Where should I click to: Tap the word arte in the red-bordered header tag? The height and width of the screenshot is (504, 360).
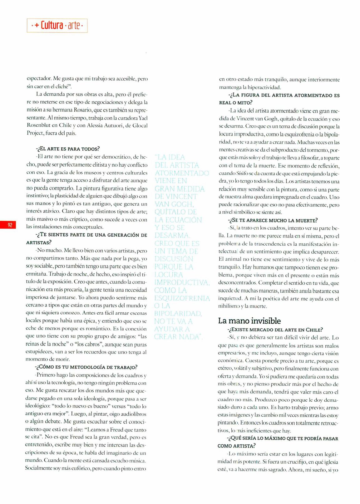click(x=74, y=26)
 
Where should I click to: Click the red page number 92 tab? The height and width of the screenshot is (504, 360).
click(x=10, y=225)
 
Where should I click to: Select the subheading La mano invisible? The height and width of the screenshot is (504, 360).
click(x=249, y=321)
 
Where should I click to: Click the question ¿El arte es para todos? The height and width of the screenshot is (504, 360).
click(x=68, y=149)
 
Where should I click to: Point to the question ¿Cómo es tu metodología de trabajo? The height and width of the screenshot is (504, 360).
click(x=86, y=367)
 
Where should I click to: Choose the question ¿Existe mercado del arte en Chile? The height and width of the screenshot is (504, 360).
click(x=275, y=330)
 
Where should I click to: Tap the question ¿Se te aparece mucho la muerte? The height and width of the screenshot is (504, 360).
click(x=273, y=220)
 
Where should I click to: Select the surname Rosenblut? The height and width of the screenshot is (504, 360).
click(x=39, y=126)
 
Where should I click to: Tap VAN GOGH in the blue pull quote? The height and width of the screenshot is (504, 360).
click(x=174, y=204)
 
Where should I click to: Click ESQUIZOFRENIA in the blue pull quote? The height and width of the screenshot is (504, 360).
click(x=182, y=298)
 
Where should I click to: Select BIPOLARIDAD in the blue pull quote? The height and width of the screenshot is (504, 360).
click(x=178, y=314)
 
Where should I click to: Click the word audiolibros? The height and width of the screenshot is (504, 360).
click(x=134, y=414)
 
